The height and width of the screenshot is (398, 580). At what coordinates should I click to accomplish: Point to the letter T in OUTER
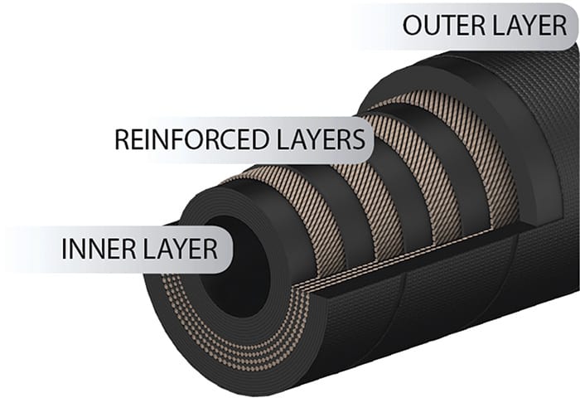(x=444, y=25)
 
